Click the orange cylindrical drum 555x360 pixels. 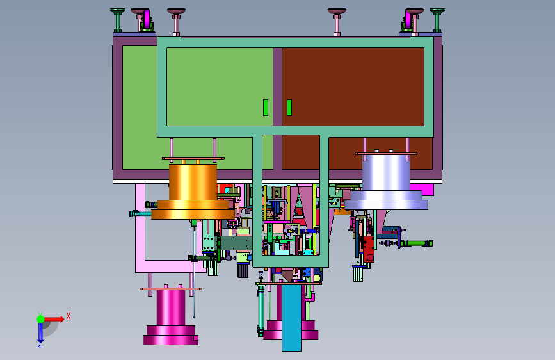point(193,192)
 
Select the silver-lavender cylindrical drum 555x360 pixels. point(386,183)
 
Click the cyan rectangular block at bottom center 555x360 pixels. point(291,318)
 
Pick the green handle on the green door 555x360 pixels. point(266,108)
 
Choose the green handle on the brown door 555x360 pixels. point(289,108)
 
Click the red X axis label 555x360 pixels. point(68,316)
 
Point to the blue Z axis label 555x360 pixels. point(40,344)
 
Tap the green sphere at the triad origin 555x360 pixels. point(41,319)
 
